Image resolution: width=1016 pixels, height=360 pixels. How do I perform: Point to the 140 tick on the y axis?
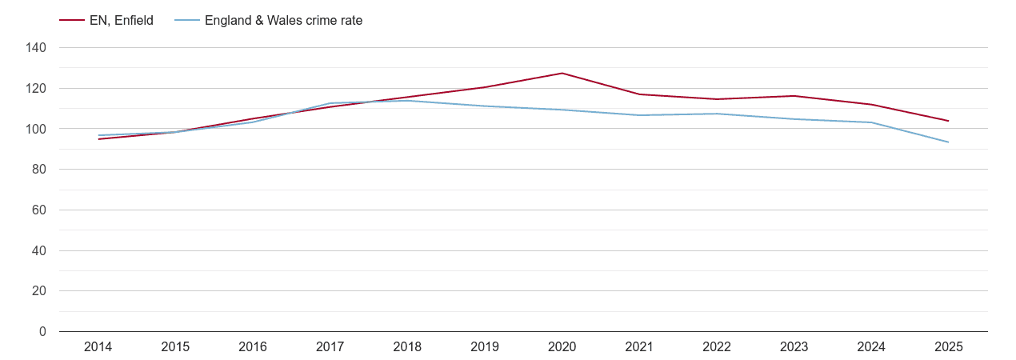pyautogui.click(x=37, y=48)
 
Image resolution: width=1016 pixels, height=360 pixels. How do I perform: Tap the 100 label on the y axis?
pyautogui.click(x=37, y=129)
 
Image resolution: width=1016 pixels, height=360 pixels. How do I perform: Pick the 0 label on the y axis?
pyautogui.click(x=42, y=332)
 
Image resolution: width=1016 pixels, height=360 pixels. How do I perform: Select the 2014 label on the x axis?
pyautogui.click(x=98, y=347)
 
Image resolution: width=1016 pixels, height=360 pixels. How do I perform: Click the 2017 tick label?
pyautogui.click(x=330, y=347)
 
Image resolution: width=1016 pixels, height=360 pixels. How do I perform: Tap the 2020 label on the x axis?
pyautogui.click(x=562, y=347)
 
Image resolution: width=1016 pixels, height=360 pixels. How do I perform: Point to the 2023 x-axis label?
pyautogui.click(x=794, y=347)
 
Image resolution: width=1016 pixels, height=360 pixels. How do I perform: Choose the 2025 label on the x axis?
pyautogui.click(x=948, y=347)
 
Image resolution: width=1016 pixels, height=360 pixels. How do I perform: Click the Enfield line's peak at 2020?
pyautogui.click(x=562, y=74)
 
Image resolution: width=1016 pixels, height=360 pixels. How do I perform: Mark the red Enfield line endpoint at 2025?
pyautogui.click(x=948, y=121)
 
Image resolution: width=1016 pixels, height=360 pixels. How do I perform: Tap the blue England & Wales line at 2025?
pyautogui.click(x=948, y=142)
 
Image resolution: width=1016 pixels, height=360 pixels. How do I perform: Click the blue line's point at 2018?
pyautogui.click(x=407, y=101)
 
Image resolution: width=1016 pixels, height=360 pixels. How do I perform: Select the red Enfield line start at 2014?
pyautogui.click(x=98, y=139)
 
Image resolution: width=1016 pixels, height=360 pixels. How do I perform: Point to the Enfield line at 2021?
pyautogui.click(x=639, y=94)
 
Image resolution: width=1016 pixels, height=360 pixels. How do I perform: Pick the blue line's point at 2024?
pyautogui.click(x=871, y=122)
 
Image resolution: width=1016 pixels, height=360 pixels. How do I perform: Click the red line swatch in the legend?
pyautogui.click(x=72, y=21)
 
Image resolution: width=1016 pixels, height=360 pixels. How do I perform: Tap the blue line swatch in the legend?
pyautogui.click(x=187, y=21)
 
